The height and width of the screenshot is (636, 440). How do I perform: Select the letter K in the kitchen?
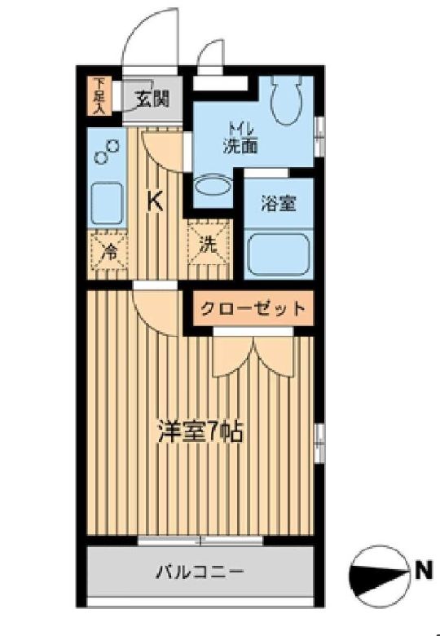(x=154, y=201)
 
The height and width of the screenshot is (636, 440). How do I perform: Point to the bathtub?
(x=278, y=253)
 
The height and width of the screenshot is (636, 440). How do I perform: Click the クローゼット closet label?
(x=253, y=309)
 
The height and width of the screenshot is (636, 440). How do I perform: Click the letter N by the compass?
(x=422, y=570)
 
